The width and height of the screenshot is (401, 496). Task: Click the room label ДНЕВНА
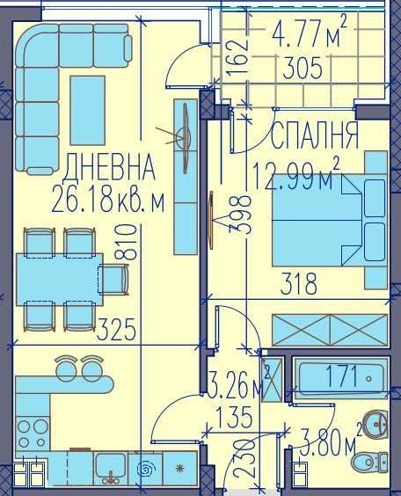point(110,166)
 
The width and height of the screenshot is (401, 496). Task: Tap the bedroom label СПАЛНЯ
point(314,135)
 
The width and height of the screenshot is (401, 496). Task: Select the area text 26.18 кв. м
point(109,201)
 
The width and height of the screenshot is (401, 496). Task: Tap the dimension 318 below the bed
point(298,284)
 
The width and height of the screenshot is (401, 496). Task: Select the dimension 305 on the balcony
point(297,67)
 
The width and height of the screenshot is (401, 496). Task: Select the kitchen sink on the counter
point(111,466)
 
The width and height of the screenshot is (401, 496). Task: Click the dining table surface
point(58,279)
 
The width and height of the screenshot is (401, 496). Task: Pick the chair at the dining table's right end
point(115,279)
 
